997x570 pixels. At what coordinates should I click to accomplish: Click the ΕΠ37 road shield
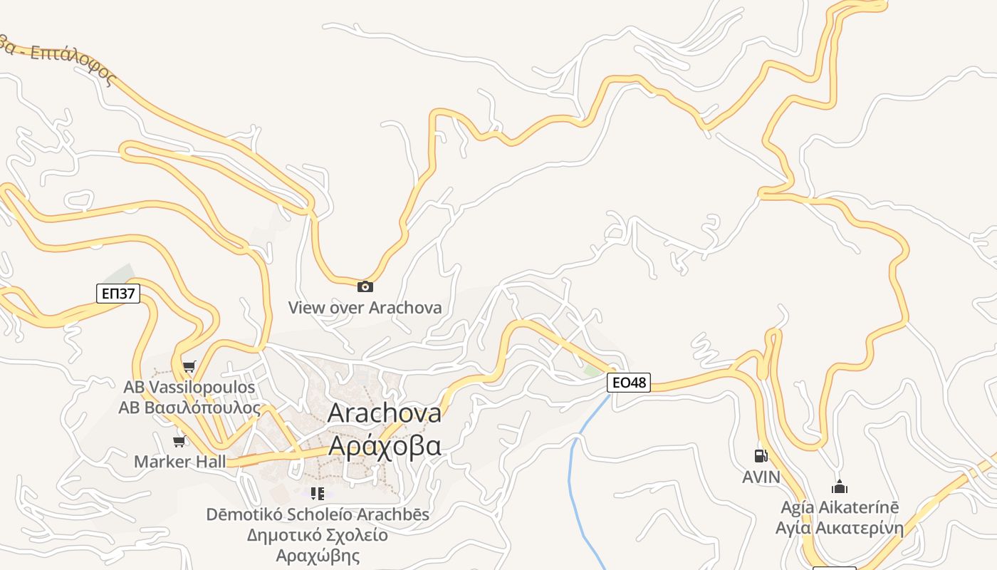pyautogui.click(x=118, y=293)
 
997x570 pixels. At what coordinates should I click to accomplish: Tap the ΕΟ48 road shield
pyautogui.click(x=629, y=383)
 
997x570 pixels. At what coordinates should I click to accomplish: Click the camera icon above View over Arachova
pyautogui.click(x=365, y=286)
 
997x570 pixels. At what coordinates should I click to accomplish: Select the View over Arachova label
pyautogui.click(x=365, y=308)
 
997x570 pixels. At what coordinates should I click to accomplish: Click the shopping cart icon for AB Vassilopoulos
pyautogui.click(x=189, y=367)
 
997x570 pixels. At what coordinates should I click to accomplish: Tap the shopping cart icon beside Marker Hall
pyautogui.click(x=179, y=442)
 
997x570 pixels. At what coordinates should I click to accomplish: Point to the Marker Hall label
pyautogui.click(x=180, y=462)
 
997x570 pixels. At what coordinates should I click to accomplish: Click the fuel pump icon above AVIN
pyautogui.click(x=761, y=456)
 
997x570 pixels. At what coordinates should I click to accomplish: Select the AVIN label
pyautogui.click(x=761, y=477)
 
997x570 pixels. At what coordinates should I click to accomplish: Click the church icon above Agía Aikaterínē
pyautogui.click(x=840, y=487)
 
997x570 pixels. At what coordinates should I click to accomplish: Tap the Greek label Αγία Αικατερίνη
pyautogui.click(x=840, y=529)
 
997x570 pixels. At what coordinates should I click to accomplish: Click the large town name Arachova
pyautogui.click(x=385, y=413)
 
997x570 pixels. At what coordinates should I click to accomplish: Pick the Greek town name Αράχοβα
pyautogui.click(x=385, y=445)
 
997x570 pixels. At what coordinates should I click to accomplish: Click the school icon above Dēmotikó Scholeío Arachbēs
pyautogui.click(x=318, y=493)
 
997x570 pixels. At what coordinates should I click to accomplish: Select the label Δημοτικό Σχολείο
pyautogui.click(x=318, y=535)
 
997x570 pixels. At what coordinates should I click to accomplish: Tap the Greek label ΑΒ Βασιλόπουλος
pyautogui.click(x=189, y=408)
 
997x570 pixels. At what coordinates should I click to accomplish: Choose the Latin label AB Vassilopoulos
pyautogui.click(x=189, y=388)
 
